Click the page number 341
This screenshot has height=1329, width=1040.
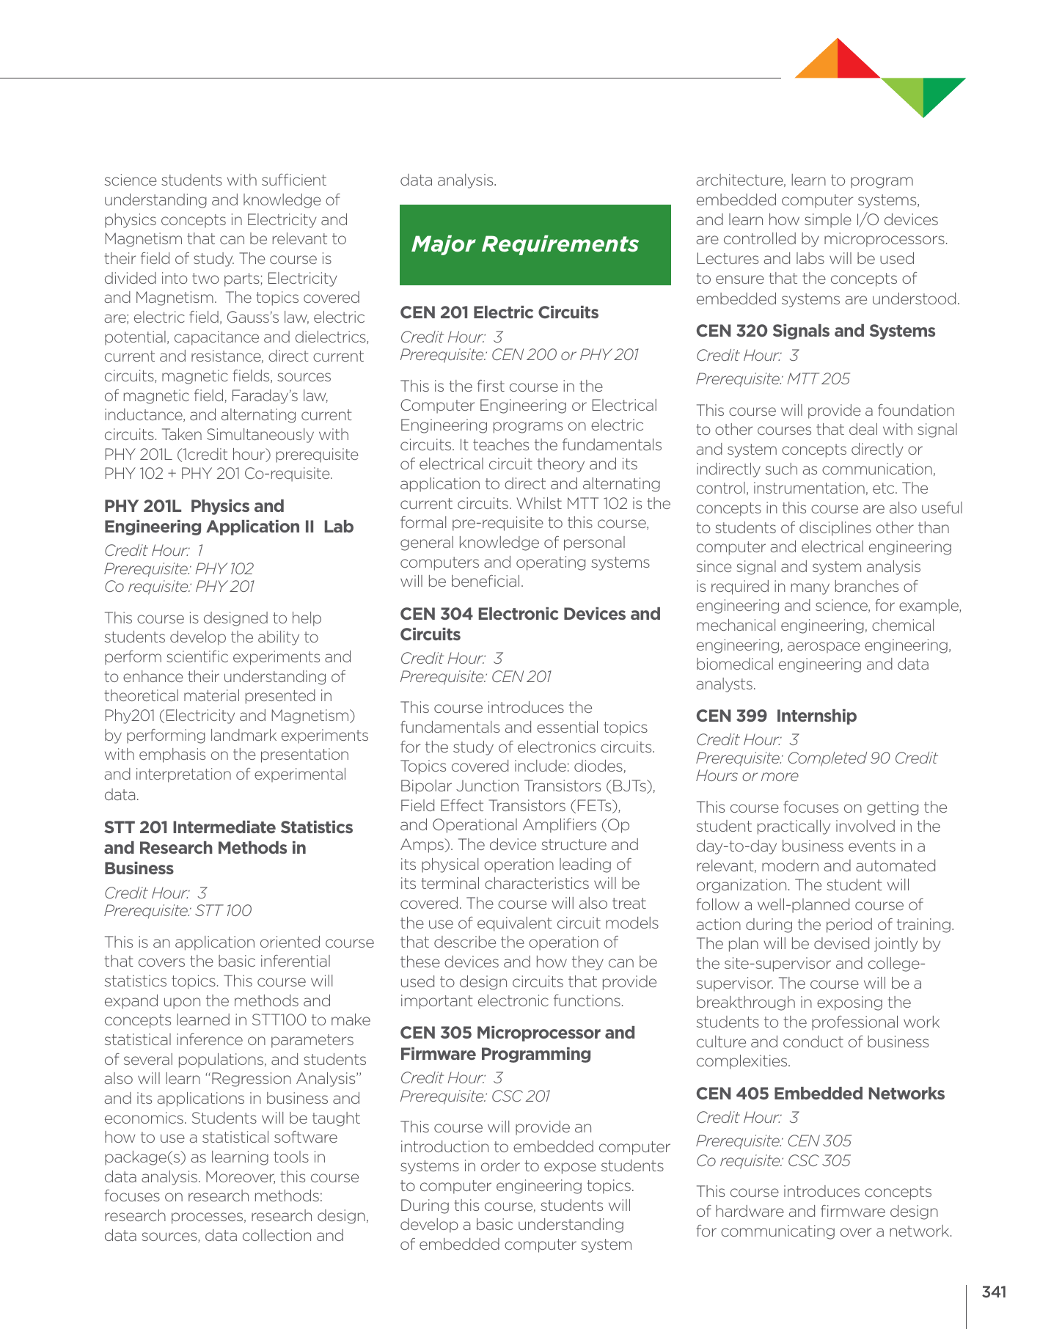tap(993, 1292)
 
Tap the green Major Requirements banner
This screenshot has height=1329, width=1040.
tap(535, 244)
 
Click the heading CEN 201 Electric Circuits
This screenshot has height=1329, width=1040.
tap(499, 312)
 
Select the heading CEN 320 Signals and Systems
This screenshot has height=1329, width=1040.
tap(815, 331)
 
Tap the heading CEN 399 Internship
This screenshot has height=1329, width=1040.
tap(775, 716)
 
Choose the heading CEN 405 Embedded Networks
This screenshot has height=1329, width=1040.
tap(819, 1094)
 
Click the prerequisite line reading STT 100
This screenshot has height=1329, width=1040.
tap(177, 911)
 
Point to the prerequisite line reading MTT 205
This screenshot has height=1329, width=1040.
tap(772, 379)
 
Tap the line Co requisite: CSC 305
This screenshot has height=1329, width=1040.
tap(772, 1161)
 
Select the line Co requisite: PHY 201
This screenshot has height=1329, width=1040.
tap(179, 587)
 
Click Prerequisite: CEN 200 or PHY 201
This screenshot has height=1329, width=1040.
tap(519, 355)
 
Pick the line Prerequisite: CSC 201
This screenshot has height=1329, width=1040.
tap(475, 1096)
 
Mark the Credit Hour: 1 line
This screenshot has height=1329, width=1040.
tap(153, 550)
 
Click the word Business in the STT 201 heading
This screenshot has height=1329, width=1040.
tap(139, 869)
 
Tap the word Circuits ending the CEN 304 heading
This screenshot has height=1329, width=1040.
tap(430, 635)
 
